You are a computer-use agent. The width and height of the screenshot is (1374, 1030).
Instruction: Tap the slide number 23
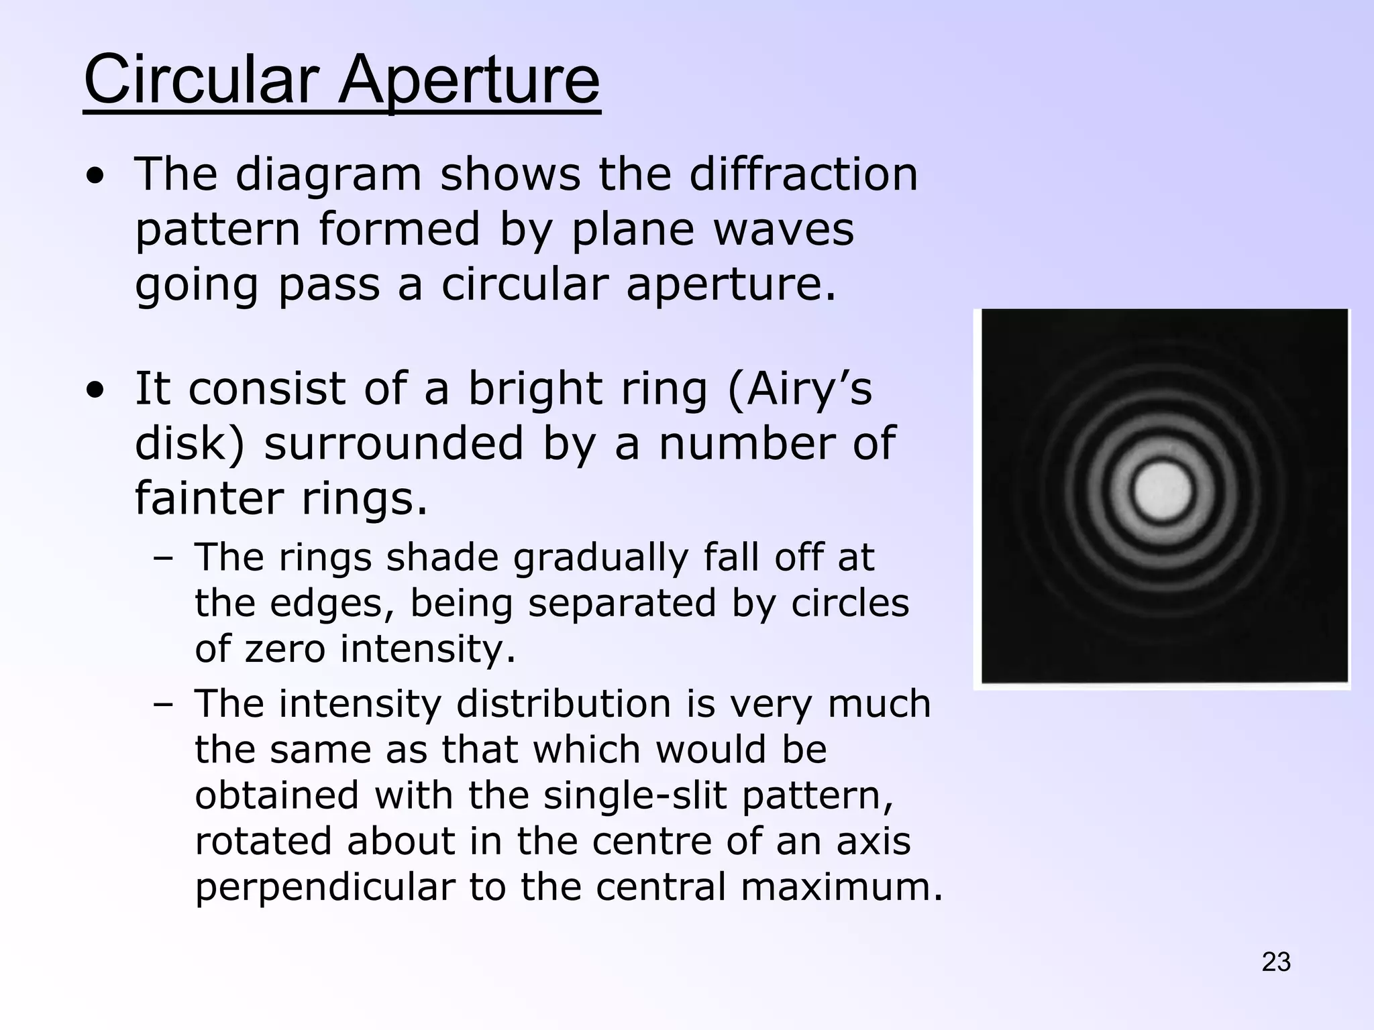(1276, 962)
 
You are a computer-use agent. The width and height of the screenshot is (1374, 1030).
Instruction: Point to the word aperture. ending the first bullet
(731, 284)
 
